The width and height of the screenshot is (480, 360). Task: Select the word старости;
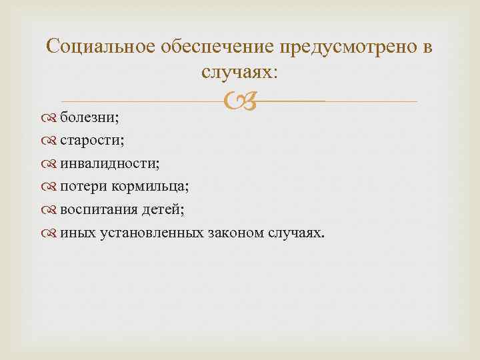[x=92, y=141]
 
